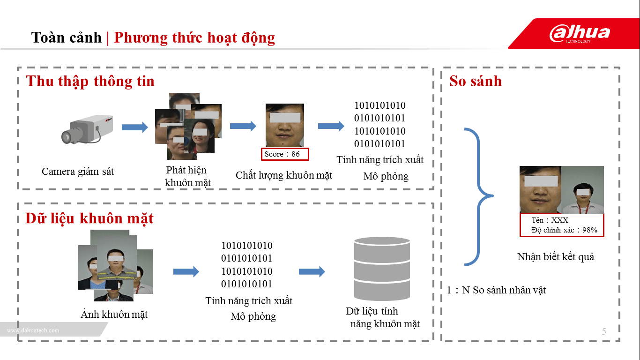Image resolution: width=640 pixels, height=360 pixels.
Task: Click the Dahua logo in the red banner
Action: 580,34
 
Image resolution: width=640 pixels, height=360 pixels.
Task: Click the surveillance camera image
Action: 88,129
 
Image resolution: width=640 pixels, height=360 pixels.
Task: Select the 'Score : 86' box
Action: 285,154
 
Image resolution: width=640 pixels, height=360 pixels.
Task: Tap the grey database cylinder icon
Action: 382,269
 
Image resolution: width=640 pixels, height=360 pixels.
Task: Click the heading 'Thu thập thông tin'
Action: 90,81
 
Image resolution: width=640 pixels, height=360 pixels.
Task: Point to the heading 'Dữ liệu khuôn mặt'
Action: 89,218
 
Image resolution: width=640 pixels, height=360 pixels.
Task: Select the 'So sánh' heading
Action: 475,81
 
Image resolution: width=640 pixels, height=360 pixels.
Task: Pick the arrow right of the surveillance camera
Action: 134,127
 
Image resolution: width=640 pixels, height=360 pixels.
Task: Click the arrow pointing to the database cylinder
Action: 312,271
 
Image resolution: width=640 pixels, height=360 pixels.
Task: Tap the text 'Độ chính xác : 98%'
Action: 564,230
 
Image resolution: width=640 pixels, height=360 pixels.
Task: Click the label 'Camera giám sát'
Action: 78,172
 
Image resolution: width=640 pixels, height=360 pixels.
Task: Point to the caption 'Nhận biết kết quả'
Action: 556,257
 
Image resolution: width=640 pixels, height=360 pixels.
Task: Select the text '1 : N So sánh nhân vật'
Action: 496,290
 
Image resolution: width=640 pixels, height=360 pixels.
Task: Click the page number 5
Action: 604,332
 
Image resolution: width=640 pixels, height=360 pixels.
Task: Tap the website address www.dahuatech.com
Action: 33,330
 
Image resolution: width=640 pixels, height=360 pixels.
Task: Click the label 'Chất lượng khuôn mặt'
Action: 283,175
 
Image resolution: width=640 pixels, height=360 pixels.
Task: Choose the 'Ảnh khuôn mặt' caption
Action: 114,315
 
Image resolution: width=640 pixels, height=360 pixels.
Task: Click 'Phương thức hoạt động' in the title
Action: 194,37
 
